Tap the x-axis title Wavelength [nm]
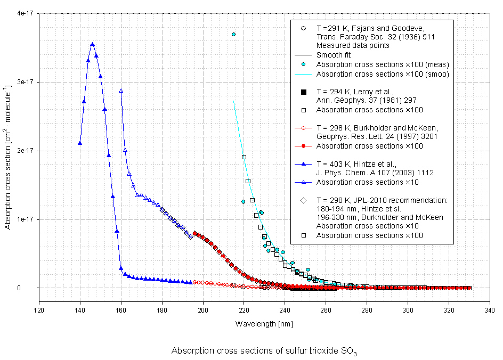[264, 324]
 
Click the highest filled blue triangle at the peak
[92, 44]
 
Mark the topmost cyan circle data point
[233, 34]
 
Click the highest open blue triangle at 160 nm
[121, 91]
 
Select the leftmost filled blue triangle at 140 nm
[80, 143]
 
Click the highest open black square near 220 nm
[244, 157]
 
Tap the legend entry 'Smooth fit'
[334, 55]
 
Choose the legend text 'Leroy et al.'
[363, 92]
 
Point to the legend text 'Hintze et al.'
[363, 164]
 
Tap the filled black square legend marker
[303, 92]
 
